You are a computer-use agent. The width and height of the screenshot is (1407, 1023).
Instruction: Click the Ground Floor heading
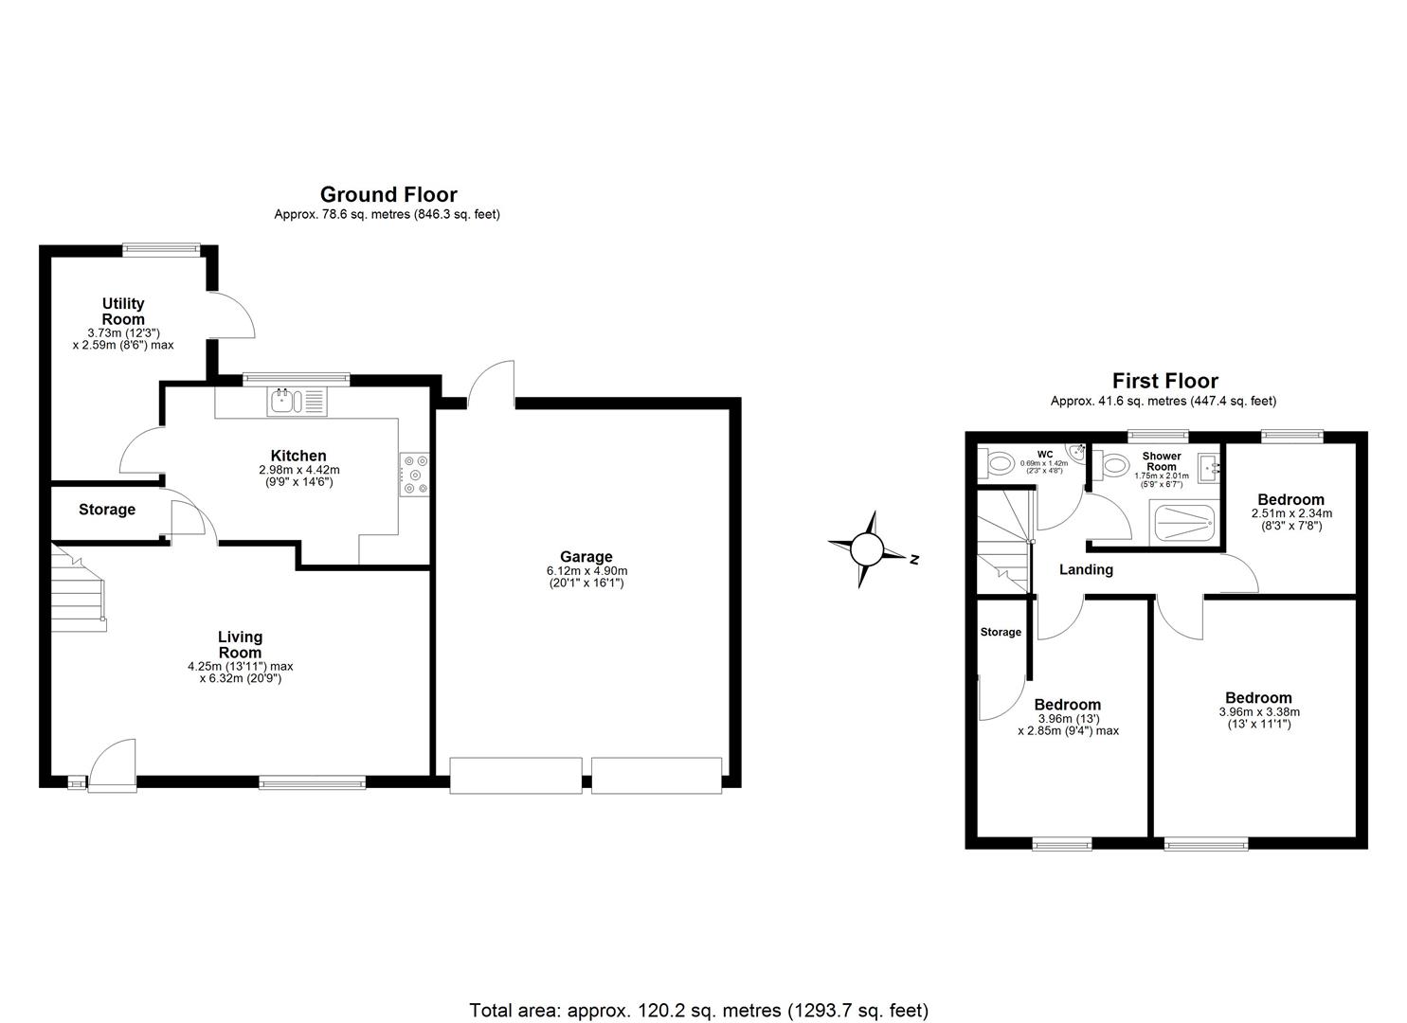point(388,195)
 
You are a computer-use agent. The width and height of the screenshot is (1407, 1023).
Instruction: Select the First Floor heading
point(1164,382)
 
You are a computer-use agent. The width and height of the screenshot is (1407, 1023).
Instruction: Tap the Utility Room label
point(123,311)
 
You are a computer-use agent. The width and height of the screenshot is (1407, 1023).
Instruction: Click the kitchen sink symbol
point(284,402)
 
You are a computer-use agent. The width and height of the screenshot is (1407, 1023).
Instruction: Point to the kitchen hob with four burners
point(415,476)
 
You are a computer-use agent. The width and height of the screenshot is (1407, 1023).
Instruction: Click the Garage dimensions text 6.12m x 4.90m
point(586,571)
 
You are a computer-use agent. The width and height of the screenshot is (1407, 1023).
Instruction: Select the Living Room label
point(240,645)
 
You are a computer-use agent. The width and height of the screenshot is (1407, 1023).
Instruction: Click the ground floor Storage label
point(107,510)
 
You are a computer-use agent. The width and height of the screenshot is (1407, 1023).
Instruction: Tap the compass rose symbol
point(866,549)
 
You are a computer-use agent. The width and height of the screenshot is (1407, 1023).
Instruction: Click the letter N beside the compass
point(914,560)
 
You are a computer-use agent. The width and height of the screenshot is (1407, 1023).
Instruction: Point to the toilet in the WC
point(997,464)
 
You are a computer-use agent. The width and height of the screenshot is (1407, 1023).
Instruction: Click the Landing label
point(1086,570)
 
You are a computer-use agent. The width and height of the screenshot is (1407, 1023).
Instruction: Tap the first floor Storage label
point(1001,632)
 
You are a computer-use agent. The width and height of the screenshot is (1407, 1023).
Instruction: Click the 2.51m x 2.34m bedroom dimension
point(1290,514)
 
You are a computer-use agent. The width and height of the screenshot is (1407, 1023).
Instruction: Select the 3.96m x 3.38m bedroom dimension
point(1258,712)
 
